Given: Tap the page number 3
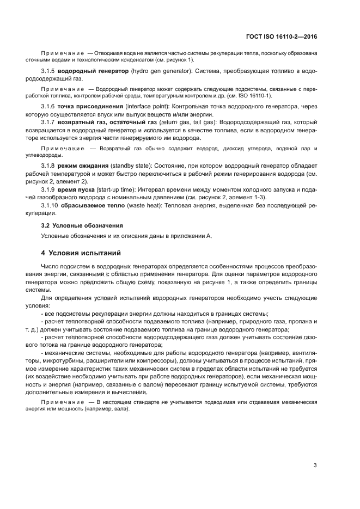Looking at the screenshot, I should click(315, 464).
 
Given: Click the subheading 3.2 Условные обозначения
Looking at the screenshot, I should click(82, 225).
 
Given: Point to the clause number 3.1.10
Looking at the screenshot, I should click(51, 205).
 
